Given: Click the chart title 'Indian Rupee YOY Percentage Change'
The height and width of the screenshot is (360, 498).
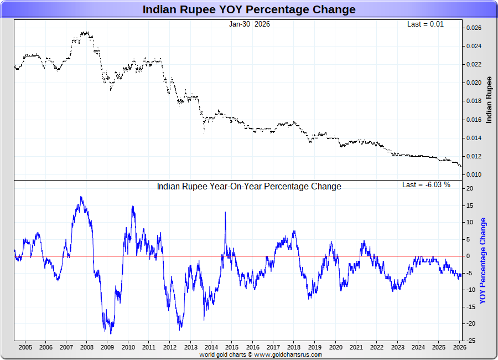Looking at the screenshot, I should (249, 9).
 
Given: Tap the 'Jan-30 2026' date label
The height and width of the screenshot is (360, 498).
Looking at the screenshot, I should (250, 24).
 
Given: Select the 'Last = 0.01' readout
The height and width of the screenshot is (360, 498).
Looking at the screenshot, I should (426, 24).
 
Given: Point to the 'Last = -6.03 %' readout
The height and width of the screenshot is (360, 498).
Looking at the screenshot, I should (426, 184).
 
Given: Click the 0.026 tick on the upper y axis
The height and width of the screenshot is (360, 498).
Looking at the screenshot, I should (473, 28).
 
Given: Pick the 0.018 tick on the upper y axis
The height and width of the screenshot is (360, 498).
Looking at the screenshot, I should (473, 101).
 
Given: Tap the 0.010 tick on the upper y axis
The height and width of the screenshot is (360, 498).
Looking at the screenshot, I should (473, 174).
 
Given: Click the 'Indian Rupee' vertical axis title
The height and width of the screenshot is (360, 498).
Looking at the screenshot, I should (489, 100).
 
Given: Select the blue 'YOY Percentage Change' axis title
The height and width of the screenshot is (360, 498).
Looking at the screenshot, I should (483, 261).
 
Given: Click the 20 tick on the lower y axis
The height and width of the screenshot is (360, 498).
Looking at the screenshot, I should (469, 188).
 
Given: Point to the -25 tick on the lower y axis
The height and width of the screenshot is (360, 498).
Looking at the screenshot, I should (470, 340).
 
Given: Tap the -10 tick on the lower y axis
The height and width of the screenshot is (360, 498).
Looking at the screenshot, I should (470, 290).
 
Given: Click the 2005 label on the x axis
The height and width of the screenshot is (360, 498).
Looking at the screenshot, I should (25, 347).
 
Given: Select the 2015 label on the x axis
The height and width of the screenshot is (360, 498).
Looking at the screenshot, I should (232, 347).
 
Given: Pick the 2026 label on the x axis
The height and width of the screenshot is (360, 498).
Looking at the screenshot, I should (459, 347).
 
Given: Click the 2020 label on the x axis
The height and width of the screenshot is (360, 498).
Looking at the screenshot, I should (335, 347).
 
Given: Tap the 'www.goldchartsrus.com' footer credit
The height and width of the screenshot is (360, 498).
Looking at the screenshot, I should (288, 354).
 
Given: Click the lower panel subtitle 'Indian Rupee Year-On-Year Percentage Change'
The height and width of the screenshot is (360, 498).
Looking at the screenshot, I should (249, 186).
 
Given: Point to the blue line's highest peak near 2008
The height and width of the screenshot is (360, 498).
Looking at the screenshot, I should (81, 197).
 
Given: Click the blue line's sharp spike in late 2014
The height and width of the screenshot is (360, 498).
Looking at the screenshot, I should (225, 212).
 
